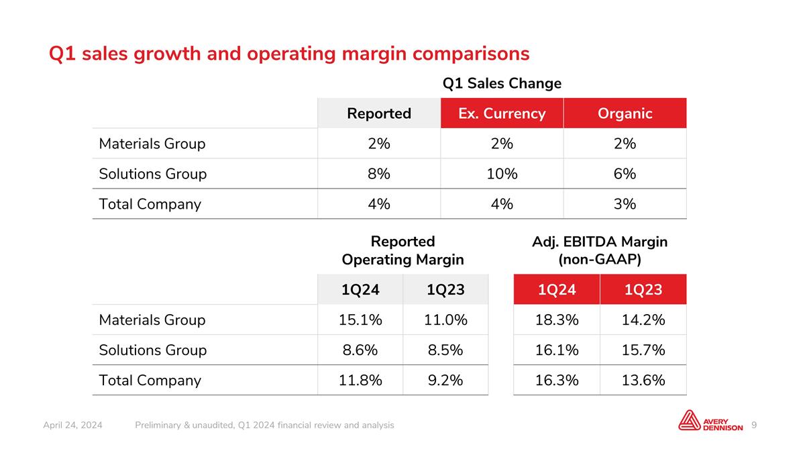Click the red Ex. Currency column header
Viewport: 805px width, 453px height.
click(x=502, y=113)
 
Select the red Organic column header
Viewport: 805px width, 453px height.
click(x=625, y=113)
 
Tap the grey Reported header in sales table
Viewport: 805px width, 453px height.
click(x=379, y=113)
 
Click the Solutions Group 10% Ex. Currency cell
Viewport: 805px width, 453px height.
click(x=502, y=174)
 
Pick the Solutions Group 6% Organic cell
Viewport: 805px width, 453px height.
click(x=625, y=174)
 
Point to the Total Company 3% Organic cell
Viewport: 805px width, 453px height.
click(x=625, y=204)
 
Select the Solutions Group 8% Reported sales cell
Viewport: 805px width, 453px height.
click(x=379, y=174)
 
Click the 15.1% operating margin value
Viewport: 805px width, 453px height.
click(x=360, y=319)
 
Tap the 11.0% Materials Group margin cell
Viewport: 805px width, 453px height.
click(x=445, y=319)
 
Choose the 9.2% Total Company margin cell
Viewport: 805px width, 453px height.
click(x=445, y=380)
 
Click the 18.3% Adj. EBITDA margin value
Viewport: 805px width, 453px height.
click(x=557, y=319)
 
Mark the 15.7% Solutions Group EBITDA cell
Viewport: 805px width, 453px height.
click(x=643, y=350)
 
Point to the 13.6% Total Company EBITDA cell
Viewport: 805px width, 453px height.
click(x=643, y=380)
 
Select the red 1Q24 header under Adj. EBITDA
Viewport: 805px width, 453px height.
click(x=557, y=289)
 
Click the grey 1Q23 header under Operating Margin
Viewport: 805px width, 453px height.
click(x=445, y=289)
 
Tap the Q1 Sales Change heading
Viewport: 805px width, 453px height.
click(x=502, y=83)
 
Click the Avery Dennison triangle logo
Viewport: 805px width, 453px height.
click(x=690, y=420)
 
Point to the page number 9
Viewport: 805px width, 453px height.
click(x=754, y=425)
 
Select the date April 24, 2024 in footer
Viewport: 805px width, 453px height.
click(x=72, y=425)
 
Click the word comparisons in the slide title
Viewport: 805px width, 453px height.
click(x=471, y=54)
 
